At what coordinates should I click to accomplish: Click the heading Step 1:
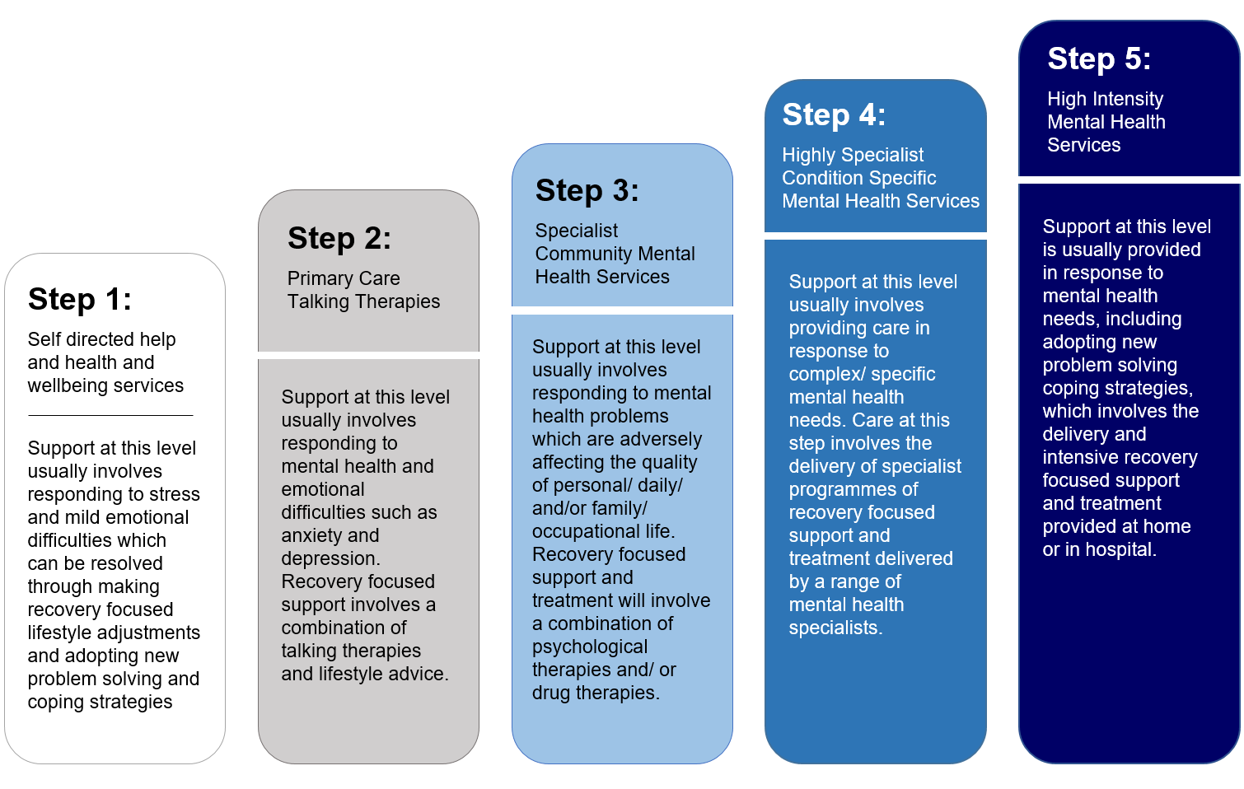80,299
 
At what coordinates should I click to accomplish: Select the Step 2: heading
339,238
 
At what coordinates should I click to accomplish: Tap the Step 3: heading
587,190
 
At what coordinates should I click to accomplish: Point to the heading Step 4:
834,115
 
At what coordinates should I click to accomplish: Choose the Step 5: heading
1099,58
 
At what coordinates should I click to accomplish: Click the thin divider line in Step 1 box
110,415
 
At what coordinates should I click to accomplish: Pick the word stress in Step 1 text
175,494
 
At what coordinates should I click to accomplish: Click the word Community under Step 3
583,254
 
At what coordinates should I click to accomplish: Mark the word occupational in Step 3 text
586,532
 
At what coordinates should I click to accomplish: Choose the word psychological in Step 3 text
590,647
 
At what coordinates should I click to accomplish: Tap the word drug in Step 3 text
551,693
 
